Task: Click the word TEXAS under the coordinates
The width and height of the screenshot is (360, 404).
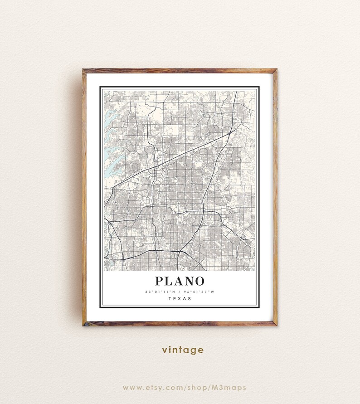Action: (180, 298)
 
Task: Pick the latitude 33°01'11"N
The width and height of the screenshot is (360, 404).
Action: (161, 292)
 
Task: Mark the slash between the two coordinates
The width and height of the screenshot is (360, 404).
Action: (180, 292)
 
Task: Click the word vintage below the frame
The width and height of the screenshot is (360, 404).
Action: (183, 350)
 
